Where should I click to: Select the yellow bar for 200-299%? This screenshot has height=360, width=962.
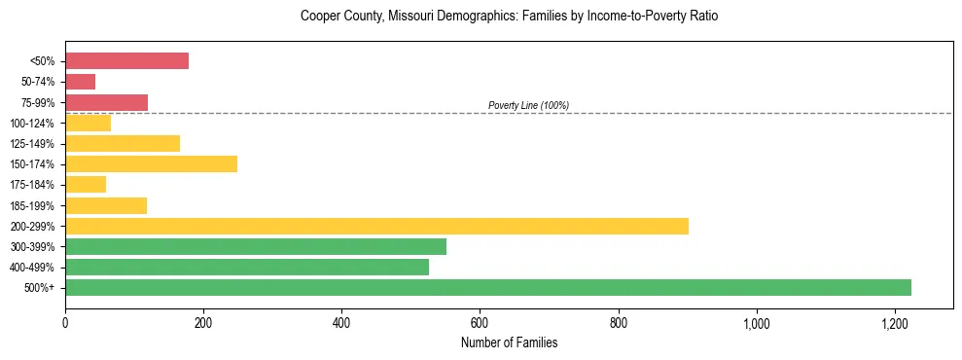coord(376,226)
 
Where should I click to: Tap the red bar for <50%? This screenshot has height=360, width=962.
coord(126,60)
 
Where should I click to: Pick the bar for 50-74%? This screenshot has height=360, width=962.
coord(80,82)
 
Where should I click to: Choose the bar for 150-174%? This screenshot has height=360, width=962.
coord(151,163)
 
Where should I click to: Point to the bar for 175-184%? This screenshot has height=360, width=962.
coord(86,184)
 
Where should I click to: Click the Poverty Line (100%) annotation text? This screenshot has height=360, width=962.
coord(528,105)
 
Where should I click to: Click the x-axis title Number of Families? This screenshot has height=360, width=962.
coord(509,342)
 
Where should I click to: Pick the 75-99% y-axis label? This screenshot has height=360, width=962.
coord(37,102)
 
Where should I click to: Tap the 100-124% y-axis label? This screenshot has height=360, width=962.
coord(34,123)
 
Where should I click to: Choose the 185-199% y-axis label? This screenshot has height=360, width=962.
coord(34,205)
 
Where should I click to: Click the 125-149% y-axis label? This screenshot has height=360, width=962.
coord(34,143)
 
